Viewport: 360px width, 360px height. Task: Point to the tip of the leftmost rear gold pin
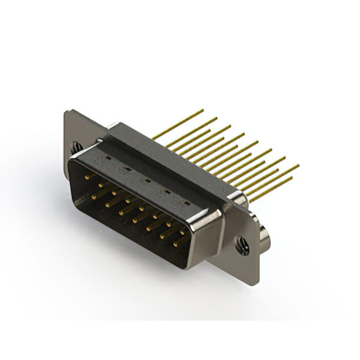(202, 110)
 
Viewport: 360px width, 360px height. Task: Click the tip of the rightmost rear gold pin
(298, 166)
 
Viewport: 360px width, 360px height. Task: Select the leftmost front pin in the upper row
(88, 177)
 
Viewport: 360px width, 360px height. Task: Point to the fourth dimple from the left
(166, 192)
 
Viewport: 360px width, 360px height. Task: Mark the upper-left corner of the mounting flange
(67, 112)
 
